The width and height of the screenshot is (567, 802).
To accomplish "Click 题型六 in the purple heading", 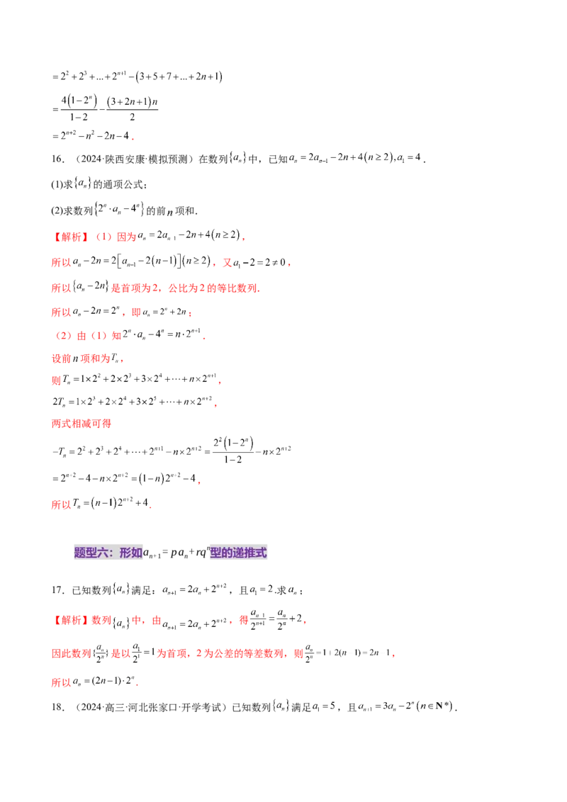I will (88, 553).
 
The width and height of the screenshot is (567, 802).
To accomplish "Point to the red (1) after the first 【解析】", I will (101, 237).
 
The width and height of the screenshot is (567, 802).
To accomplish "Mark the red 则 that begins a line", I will (55, 381).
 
